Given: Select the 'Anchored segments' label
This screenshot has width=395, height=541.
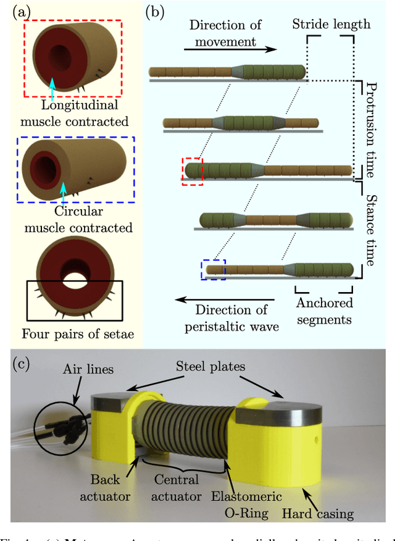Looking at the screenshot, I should click(x=325, y=311).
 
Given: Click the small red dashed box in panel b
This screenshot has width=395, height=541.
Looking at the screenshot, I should click(x=193, y=170).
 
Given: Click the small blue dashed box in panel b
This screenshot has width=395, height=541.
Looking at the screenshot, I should click(x=214, y=269).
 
